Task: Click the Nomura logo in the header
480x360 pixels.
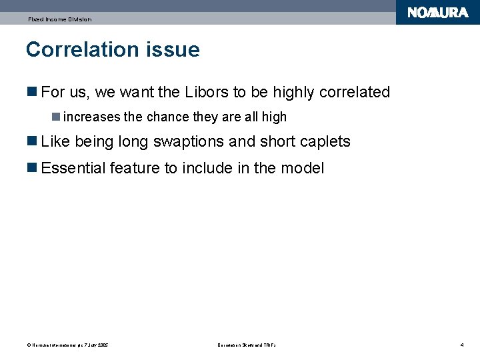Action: tap(437, 13)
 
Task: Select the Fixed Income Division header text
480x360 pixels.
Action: tap(59, 19)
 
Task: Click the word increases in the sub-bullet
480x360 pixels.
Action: tap(92, 117)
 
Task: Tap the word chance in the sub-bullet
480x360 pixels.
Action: tap(168, 117)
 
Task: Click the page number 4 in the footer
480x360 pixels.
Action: tap(461, 345)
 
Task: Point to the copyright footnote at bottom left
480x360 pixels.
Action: tap(67, 345)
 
